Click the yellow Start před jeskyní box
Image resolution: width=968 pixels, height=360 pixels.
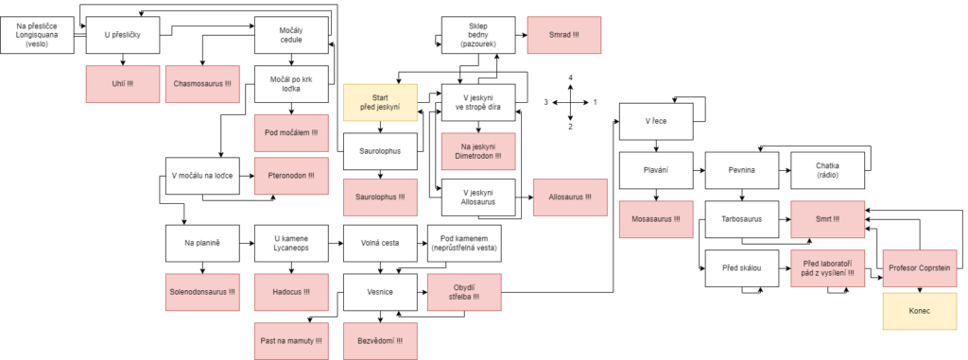click(x=381, y=102)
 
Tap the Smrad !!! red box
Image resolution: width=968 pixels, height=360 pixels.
click(x=563, y=35)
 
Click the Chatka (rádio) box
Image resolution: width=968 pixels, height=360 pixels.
click(x=828, y=169)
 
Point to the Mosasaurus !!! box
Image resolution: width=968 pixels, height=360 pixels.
click(x=656, y=219)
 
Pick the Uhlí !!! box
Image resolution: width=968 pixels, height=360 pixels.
click(x=122, y=83)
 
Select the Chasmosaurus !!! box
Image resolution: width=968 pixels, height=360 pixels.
click(x=202, y=83)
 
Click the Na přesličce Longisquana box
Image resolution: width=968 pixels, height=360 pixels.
click(x=37, y=35)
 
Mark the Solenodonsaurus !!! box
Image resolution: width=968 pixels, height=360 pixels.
click(x=202, y=291)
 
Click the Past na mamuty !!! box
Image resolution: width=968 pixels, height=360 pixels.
click(x=291, y=341)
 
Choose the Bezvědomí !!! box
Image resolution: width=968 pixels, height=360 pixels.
click(x=380, y=341)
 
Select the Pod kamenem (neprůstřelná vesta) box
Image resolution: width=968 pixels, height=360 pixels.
click(x=464, y=243)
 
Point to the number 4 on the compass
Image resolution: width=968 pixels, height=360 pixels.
click(x=570, y=77)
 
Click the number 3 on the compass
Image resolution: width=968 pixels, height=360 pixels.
click(x=545, y=102)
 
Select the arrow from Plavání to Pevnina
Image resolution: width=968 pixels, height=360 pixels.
click(x=699, y=169)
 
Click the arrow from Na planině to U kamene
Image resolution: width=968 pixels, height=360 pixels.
click(x=247, y=243)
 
